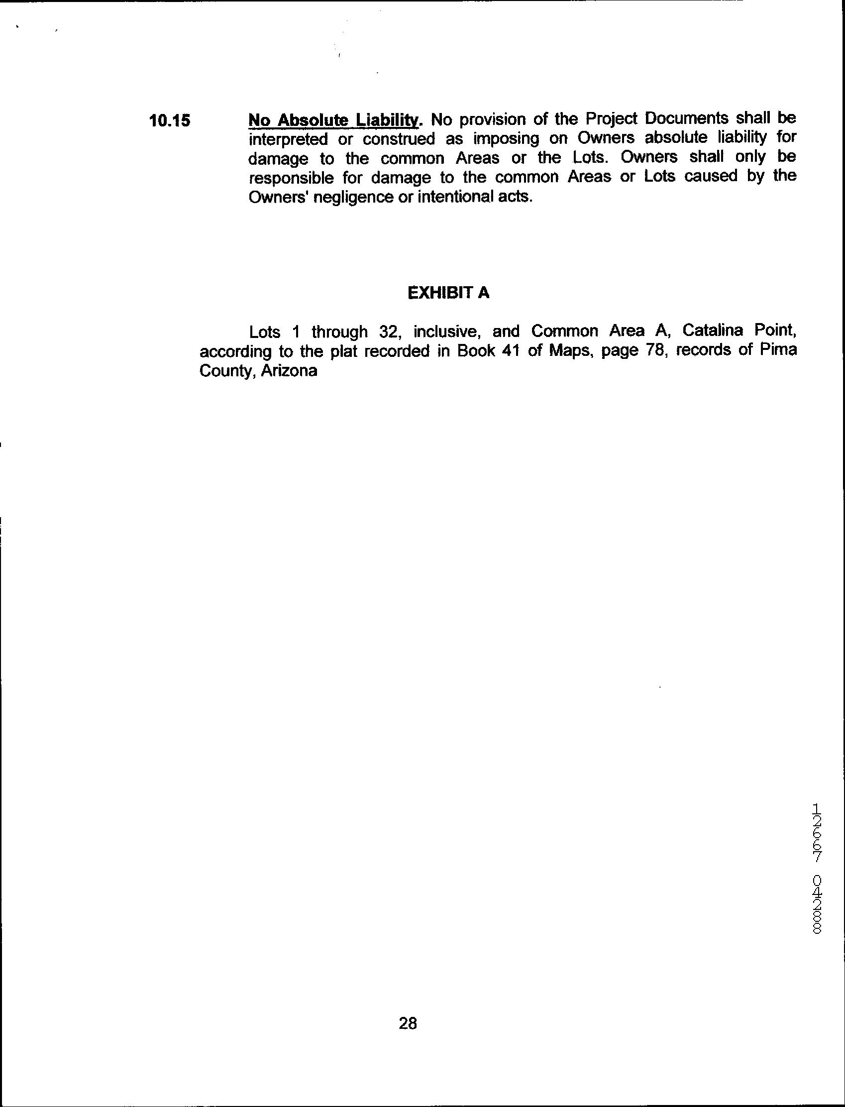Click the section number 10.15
pos(171,121)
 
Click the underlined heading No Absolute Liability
pos(333,119)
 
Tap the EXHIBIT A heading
pos(448,293)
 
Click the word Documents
pos(686,119)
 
